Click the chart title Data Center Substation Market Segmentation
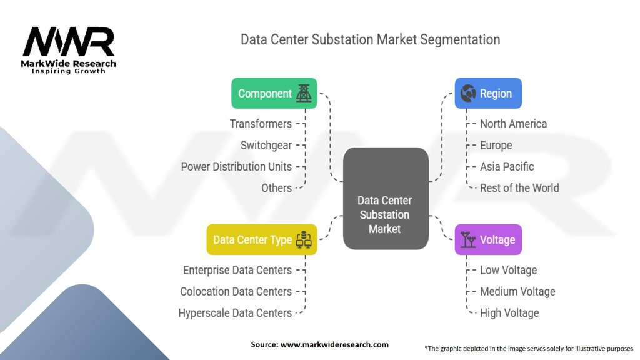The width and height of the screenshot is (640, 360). point(370,39)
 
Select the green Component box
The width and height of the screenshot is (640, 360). point(274,93)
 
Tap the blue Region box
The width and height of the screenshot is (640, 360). point(487,93)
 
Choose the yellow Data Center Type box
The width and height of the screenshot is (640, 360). point(261,240)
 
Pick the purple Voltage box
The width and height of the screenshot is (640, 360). point(487,240)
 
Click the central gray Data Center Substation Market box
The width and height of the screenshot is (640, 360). point(385,215)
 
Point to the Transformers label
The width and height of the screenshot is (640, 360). point(261,124)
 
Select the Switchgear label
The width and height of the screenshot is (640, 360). point(266,145)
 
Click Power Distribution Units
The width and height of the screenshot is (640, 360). point(236,166)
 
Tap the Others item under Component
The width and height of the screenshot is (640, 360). point(276,187)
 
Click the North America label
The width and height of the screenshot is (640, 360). point(513,124)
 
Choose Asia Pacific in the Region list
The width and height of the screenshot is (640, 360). point(507,166)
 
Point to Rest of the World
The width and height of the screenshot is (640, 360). point(519,187)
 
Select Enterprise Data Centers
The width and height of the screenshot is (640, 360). point(237,270)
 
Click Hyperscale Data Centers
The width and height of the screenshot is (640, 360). point(235,312)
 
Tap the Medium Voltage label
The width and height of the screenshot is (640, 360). point(517,291)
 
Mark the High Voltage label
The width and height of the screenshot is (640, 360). point(509,312)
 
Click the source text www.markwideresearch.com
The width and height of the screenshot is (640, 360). point(319,344)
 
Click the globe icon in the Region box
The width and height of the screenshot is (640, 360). point(467,93)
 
